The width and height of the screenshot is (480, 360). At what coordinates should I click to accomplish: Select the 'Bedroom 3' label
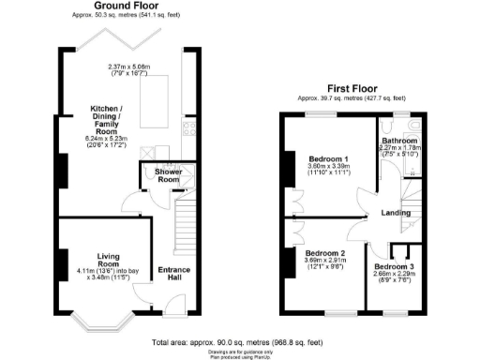coord(394,267)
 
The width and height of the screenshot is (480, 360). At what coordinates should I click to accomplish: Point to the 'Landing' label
coord(395,213)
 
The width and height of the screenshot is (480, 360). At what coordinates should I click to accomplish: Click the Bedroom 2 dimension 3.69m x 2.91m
coord(324,263)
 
